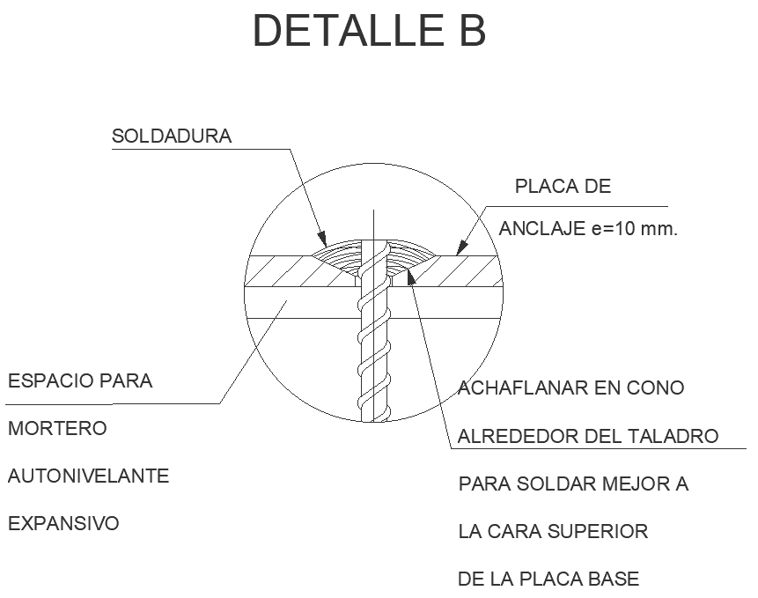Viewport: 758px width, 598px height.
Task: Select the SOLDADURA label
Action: click(172, 137)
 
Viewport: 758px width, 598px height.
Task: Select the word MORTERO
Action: click(57, 429)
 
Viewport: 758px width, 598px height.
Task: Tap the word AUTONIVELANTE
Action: click(88, 476)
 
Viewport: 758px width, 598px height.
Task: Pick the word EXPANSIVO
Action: click(63, 524)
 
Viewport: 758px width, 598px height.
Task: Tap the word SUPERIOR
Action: click(598, 531)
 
